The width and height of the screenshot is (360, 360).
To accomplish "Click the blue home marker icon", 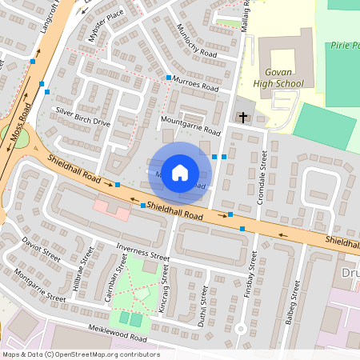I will point(180,173).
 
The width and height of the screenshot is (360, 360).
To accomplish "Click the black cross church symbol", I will point(242,118).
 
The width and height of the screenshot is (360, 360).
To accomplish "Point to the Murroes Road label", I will point(195,84).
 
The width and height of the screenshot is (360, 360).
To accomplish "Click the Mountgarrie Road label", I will point(190,125).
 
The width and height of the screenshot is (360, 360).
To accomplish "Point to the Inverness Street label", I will point(142,252).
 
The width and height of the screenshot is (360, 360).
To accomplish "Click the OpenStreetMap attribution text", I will point(80,354).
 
